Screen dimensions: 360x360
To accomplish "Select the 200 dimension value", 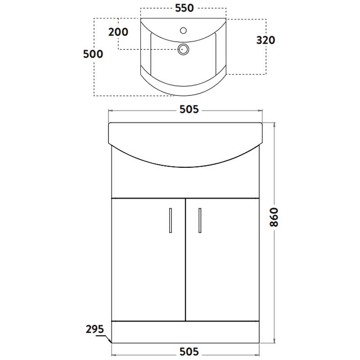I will tap(118, 32).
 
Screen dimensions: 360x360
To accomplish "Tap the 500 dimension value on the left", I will tap(94, 54).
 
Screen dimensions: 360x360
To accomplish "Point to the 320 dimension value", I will tap(265, 40).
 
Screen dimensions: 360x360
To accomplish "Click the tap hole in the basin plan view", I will tap(183, 31).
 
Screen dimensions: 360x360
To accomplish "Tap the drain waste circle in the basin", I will tap(183, 49).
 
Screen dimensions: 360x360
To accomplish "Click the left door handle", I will tap(170, 220).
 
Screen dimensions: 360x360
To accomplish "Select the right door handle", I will tap(198, 220).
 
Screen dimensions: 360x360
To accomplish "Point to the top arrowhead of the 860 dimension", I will tap(274, 123).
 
